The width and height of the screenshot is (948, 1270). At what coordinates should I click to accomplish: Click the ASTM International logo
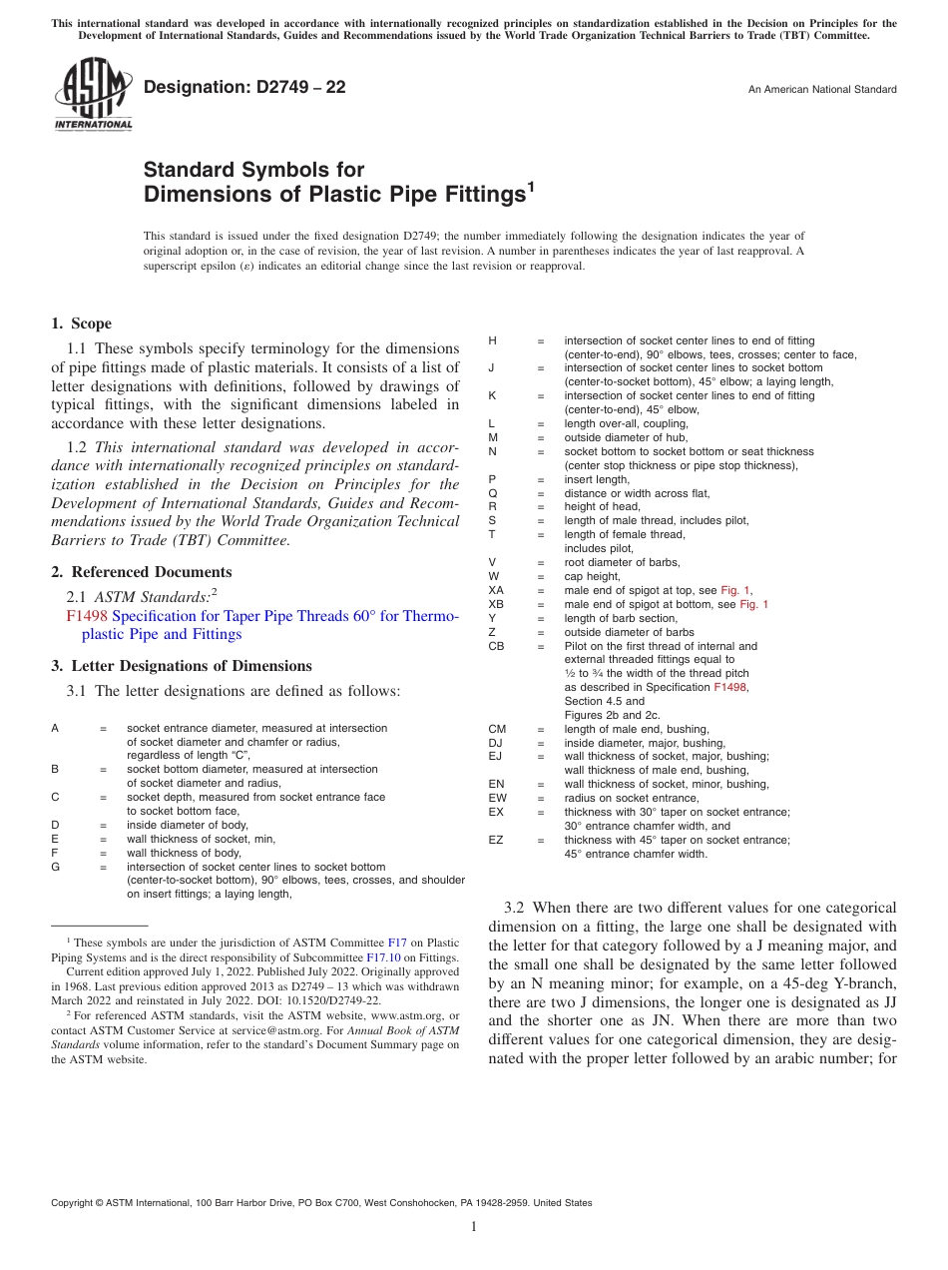pos(92,95)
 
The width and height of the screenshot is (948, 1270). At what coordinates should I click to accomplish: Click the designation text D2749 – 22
pos(244,88)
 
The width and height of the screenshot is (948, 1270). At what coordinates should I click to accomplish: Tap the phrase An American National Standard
pos(821,90)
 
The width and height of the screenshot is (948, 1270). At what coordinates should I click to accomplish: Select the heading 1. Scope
pos(82,323)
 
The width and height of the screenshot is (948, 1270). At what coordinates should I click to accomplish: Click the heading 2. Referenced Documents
pos(142,572)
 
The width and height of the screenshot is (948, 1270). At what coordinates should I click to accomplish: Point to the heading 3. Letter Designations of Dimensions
pos(182,666)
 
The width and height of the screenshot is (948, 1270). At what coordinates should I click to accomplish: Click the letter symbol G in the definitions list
pos(56,868)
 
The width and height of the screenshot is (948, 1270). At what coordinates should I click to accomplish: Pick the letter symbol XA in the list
pos(496,590)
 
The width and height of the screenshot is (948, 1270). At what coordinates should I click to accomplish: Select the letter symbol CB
pos(496,646)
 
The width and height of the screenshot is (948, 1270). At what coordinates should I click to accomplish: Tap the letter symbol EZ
pos(496,840)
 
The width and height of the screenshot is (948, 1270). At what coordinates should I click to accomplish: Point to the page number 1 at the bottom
pos(474,1226)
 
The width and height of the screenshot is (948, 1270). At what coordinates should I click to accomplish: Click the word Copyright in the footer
pos(77,1203)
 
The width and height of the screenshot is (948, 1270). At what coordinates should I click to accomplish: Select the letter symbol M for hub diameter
pos(492,437)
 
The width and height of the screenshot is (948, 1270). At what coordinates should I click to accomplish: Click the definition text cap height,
pos(593,576)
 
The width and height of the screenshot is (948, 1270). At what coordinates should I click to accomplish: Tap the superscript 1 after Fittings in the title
pos(531,186)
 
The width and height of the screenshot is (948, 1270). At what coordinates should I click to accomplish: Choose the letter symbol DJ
pos(496,743)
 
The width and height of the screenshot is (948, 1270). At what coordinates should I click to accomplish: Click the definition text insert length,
pos(597,479)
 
